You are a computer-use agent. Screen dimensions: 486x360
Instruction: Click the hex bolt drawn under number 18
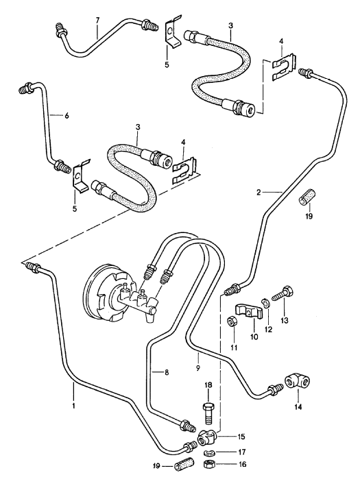(208, 413)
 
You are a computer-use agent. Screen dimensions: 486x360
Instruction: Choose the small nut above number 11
(232, 321)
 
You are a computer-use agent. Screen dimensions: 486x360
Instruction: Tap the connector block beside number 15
(210, 436)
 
